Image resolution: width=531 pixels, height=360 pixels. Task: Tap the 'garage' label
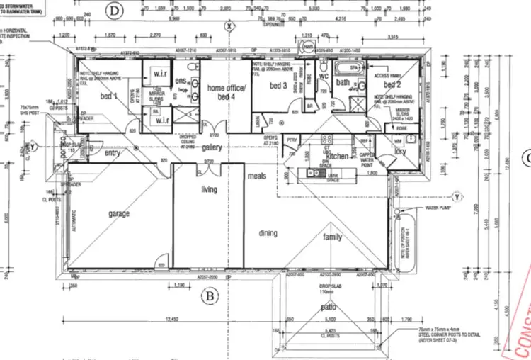(121, 213)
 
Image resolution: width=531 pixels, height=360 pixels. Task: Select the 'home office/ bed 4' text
(226, 92)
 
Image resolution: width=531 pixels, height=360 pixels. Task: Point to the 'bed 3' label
(277, 86)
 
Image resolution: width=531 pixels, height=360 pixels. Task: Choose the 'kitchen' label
(336, 154)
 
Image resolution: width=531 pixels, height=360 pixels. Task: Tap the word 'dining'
(268, 233)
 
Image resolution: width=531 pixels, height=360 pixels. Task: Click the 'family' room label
(333, 237)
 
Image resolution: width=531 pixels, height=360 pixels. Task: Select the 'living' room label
(209, 189)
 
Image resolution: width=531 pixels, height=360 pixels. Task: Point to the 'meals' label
(256, 175)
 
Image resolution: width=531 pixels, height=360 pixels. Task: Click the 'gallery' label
(212, 147)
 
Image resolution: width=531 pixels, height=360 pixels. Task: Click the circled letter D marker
(114, 10)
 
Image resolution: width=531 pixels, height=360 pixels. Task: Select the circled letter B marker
(209, 296)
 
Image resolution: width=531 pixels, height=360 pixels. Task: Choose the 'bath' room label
(343, 84)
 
